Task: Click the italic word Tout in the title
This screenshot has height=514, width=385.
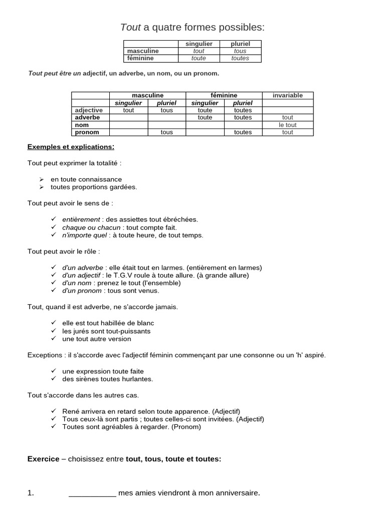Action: click(x=130, y=27)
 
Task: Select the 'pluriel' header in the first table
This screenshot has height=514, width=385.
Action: click(x=240, y=44)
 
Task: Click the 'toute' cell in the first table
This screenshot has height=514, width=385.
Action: click(x=199, y=58)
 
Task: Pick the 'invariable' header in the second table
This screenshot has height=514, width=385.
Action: click(x=288, y=95)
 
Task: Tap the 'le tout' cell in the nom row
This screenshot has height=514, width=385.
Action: click(x=288, y=125)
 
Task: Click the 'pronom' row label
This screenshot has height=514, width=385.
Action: click(x=87, y=133)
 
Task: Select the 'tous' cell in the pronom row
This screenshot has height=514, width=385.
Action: click(x=167, y=133)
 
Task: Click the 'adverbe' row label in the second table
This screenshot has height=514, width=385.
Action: click(x=87, y=117)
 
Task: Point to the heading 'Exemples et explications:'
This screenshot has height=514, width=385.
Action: click(x=71, y=147)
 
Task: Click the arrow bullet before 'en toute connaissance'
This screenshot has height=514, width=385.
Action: click(x=42, y=179)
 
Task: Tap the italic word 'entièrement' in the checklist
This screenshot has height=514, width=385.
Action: click(x=81, y=219)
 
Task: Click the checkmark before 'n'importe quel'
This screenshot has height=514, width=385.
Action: click(x=54, y=235)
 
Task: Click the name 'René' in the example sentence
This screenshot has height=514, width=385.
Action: click(x=71, y=411)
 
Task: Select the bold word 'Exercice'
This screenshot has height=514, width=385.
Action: click(x=43, y=459)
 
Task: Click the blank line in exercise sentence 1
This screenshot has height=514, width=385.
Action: click(x=92, y=493)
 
